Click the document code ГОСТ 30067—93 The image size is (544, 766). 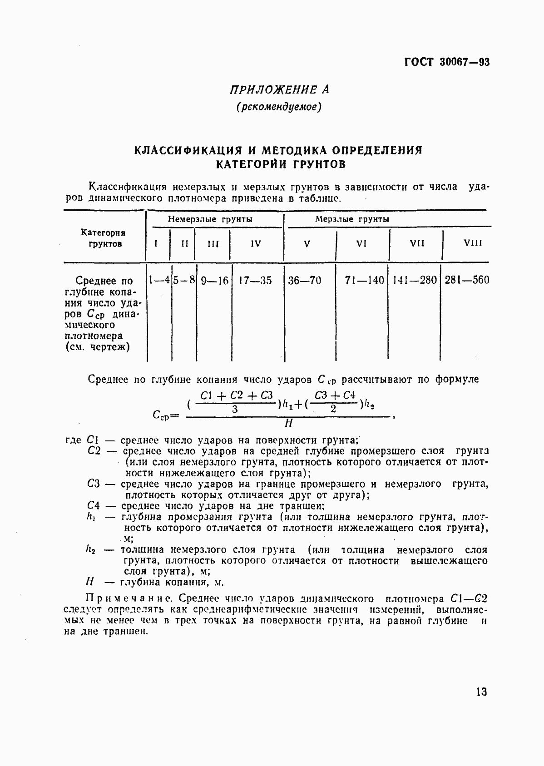pos(447,63)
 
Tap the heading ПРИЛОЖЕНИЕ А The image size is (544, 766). pos(279,89)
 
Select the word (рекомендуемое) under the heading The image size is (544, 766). pos(279,108)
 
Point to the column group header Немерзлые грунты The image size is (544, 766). pos(210,219)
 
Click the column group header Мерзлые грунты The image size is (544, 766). pos(352,219)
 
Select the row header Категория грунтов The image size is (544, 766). pos(104,238)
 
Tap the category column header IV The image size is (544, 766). pos(256,244)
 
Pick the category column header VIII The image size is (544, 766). pos(473,243)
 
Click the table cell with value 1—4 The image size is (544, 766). pos(159,280)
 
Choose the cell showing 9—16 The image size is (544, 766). pos(214,281)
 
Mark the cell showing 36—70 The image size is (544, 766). pos(305,281)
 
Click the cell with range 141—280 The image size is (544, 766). pos(415,280)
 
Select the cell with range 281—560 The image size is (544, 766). pos(467,280)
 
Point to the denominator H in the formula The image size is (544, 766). pos(288,423)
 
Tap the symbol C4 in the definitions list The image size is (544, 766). pos(93,506)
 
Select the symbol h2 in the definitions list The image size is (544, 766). pos(90,550)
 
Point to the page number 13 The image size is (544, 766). pos(481,692)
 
